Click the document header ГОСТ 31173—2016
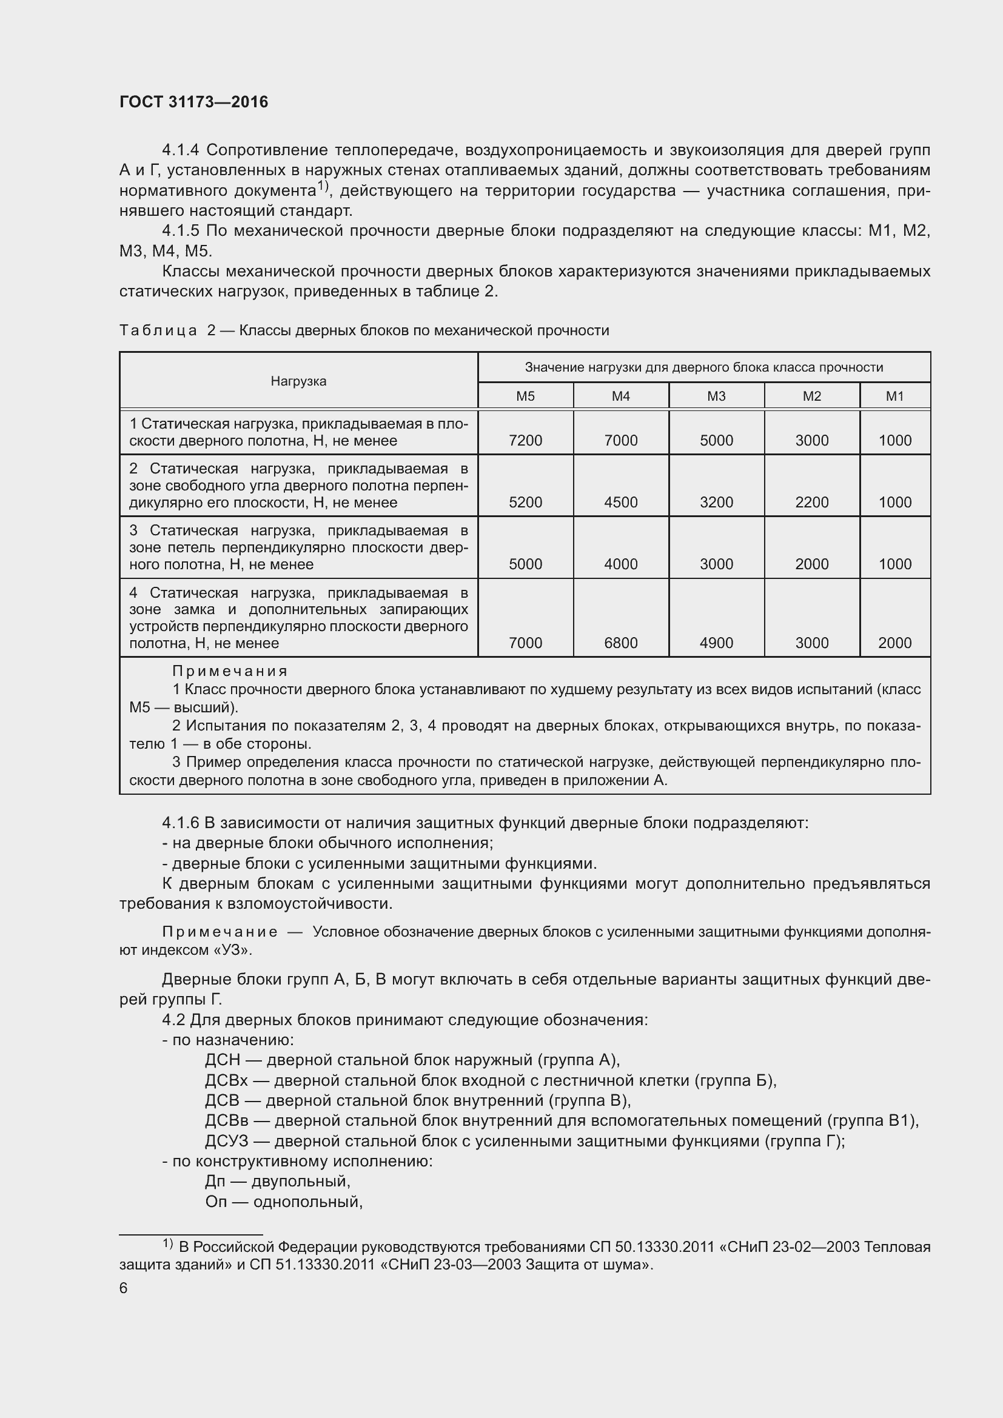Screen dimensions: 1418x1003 (x=193, y=102)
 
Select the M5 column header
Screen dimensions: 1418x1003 (x=525, y=396)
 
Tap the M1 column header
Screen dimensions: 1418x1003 (x=894, y=396)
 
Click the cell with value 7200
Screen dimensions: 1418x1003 (x=525, y=440)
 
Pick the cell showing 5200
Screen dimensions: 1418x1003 (x=525, y=502)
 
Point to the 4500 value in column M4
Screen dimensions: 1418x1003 (x=621, y=502)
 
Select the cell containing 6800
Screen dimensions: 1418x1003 (x=621, y=643)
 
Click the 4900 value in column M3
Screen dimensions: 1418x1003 (x=716, y=643)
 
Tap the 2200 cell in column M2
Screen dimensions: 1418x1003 (x=811, y=502)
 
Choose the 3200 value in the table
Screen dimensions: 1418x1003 (x=716, y=502)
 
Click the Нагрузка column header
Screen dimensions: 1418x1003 (x=298, y=381)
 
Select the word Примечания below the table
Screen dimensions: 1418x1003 (x=230, y=671)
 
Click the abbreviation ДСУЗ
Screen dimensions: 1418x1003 (x=226, y=1141)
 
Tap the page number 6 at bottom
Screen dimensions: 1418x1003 (x=124, y=1288)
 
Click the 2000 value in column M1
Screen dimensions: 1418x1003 (x=894, y=643)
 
